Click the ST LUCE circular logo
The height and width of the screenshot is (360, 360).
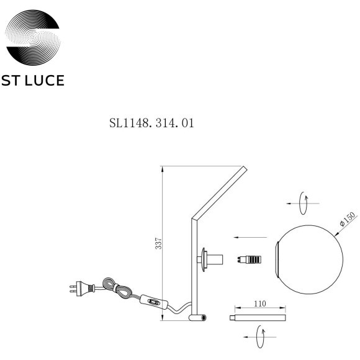click(x=33, y=37)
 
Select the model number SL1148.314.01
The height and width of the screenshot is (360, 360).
click(x=151, y=123)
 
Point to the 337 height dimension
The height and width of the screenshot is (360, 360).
click(x=158, y=243)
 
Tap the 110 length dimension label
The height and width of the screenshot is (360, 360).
click(x=260, y=304)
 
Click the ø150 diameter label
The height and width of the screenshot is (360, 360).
click(x=348, y=219)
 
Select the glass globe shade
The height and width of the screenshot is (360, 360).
click(x=309, y=259)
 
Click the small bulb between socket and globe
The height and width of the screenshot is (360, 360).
click(x=249, y=259)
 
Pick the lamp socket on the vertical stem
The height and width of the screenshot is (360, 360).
click(x=210, y=259)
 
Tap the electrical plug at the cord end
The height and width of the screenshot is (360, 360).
click(x=82, y=287)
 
